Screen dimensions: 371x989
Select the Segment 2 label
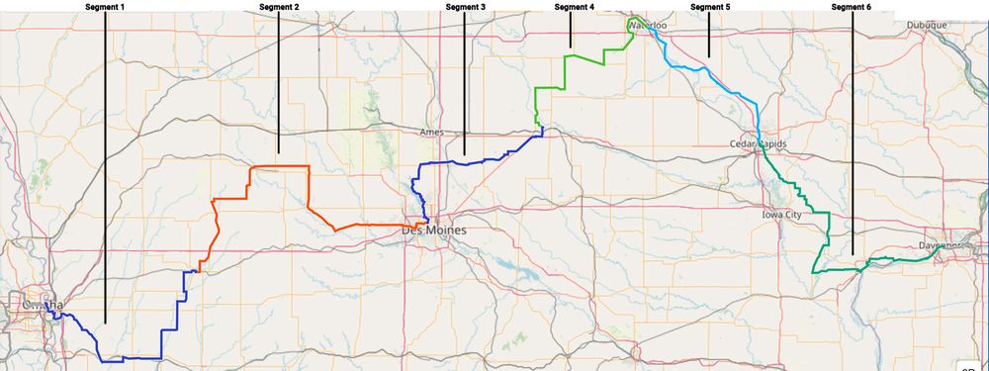(x=278, y=7)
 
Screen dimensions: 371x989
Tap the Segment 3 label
(x=465, y=7)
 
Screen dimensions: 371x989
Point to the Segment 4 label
(x=575, y=7)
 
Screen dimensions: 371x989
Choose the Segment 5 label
(x=710, y=7)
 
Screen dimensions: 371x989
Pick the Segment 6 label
(x=852, y=7)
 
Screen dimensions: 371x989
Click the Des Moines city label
(x=433, y=230)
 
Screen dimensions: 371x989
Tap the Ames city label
(x=433, y=132)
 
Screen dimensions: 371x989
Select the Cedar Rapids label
(x=758, y=143)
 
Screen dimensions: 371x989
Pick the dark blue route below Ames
(x=465, y=160)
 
